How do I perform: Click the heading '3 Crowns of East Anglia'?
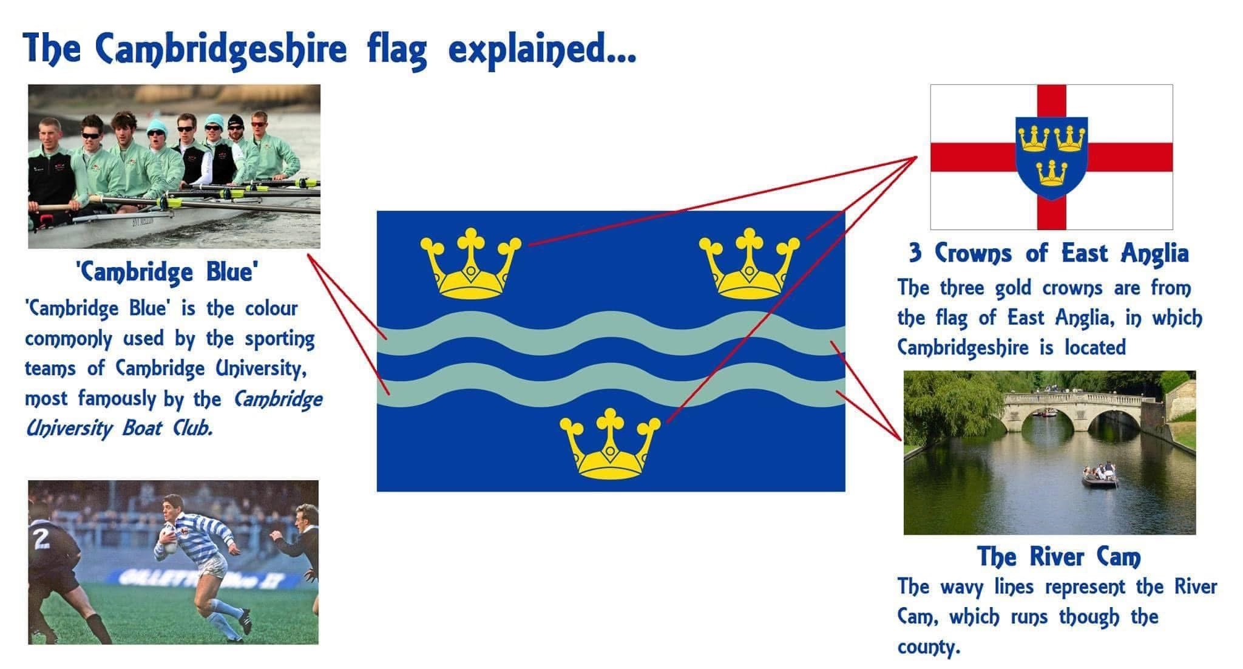pyautogui.click(x=1048, y=253)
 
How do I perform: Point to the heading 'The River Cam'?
pyautogui.click(x=1058, y=557)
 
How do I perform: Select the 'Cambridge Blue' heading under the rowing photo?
pyautogui.click(x=166, y=272)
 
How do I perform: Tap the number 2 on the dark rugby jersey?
pyautogui.click(x=41, y=538)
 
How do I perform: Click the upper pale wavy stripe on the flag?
pyautogui.click(x=611, y=333)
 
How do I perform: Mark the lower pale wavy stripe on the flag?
pyautogui.click(x=611, y=385)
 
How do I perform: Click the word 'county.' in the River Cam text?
pyautogui.click(x=929, y=647)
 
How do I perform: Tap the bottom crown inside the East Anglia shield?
pyautogui.click(x=1052, y=172)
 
